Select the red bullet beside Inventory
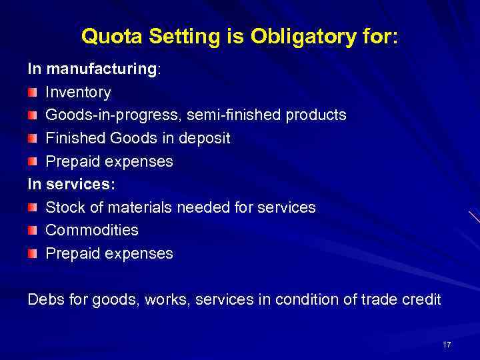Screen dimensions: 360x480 coord(33,92)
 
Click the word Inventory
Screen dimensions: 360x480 coord(78,92)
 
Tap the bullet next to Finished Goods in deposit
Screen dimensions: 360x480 coord(33,138)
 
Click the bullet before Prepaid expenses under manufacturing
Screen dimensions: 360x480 coord(33,161)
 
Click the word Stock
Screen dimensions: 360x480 coord(65,207)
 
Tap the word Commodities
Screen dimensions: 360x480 coord(92,230)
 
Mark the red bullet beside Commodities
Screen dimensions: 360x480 coord(33,230)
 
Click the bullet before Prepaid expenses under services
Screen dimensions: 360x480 coord(33,253)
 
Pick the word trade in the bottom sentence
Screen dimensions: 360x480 coord(375,299)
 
